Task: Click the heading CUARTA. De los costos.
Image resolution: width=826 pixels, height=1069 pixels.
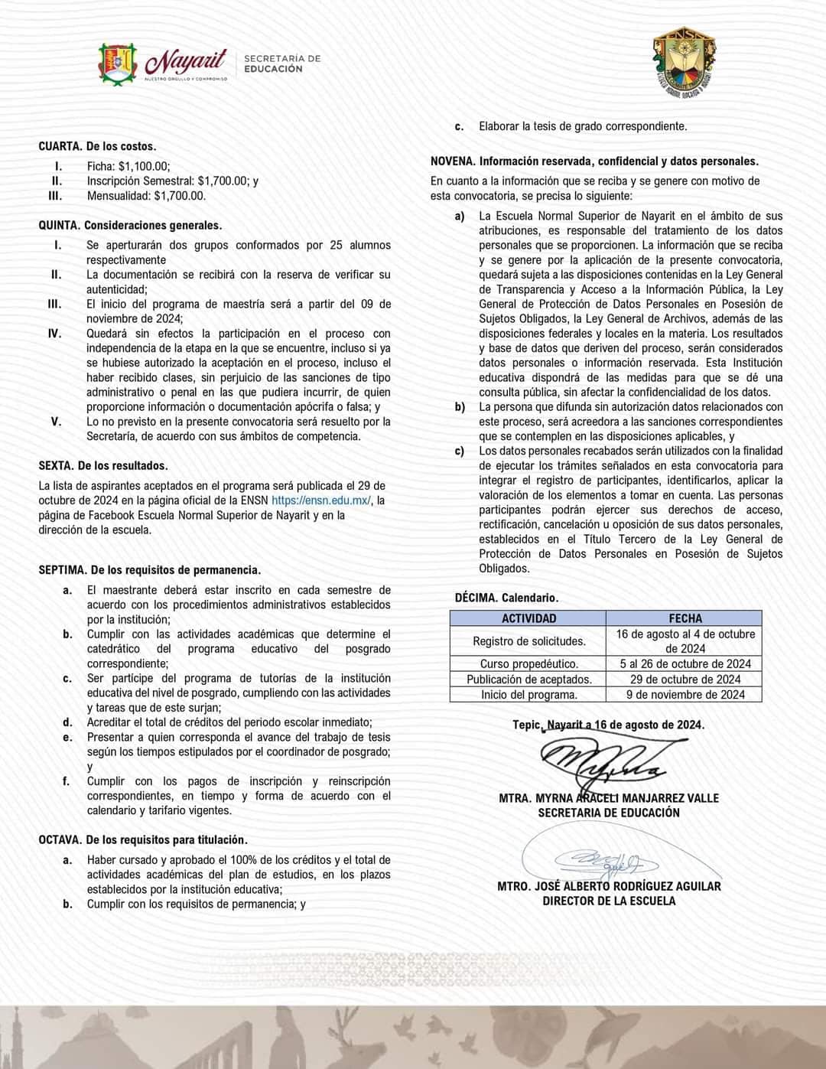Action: click(x=97, y=146)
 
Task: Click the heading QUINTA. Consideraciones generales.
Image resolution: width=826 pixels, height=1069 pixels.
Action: click(x=130, y=226)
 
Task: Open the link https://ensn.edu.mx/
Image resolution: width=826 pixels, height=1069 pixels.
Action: click(x=321, y=500)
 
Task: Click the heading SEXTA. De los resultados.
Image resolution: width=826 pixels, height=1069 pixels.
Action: click(x=103, y=465)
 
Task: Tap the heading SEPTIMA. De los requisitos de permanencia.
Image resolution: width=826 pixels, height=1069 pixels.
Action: click(x=149, y=570)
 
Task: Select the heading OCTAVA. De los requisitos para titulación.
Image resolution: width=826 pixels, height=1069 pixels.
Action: click(x=143, y=840)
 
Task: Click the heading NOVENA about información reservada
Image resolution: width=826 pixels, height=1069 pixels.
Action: click(x=594, y=161)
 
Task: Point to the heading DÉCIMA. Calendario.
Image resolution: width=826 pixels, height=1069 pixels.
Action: click(x=506, y=598)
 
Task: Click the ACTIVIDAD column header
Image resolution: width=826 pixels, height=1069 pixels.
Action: click(x=528, y=618)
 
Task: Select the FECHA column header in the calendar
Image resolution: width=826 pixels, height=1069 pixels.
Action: click(x=685, y=618)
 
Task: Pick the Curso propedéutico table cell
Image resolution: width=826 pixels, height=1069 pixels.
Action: click(x=528, y=664)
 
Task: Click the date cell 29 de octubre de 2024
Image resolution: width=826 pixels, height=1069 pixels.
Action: click(x=685, y=680)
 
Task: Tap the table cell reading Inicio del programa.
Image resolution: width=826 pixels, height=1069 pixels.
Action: click(x=528, y=695)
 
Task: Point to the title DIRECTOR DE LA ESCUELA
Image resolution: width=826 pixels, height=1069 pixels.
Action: click(x=609, y=901)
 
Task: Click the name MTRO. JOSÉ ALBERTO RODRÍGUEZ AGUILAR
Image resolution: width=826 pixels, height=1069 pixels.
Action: click(x=609, y=886)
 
